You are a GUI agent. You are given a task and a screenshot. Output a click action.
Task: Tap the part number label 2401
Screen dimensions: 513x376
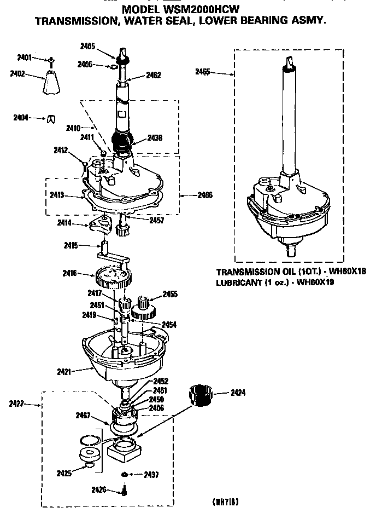pos(25,57)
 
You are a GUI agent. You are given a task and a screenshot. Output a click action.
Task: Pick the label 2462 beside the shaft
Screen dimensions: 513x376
pos(154,75)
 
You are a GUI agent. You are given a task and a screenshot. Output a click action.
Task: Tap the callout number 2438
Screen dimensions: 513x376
pos(154,139)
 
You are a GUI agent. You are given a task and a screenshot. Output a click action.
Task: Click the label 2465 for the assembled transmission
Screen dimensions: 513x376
pos(203,71)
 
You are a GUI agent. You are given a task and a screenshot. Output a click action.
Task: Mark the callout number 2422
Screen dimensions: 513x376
pos(16,404)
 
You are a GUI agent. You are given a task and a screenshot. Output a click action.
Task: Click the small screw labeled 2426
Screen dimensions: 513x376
pos(125,491)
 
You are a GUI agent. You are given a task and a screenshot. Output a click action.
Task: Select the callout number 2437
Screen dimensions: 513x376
pos(151,474)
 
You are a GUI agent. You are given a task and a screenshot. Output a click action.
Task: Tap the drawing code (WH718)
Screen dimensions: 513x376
pos(225,502)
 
